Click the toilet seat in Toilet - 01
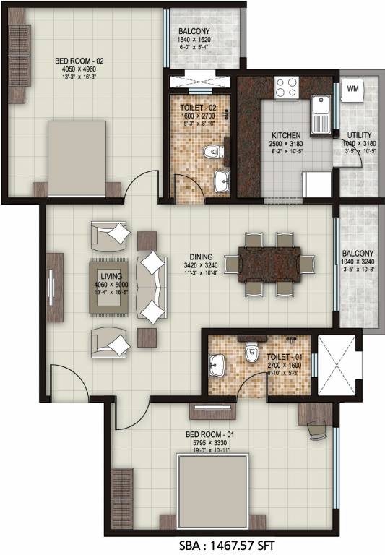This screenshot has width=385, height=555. point(251,354)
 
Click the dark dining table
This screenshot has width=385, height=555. point(269,263)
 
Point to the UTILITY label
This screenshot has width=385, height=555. point(359,134)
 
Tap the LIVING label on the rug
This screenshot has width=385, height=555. point(111,276)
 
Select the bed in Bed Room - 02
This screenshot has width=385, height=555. point(77,158)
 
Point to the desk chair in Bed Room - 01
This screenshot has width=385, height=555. point(319,429)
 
